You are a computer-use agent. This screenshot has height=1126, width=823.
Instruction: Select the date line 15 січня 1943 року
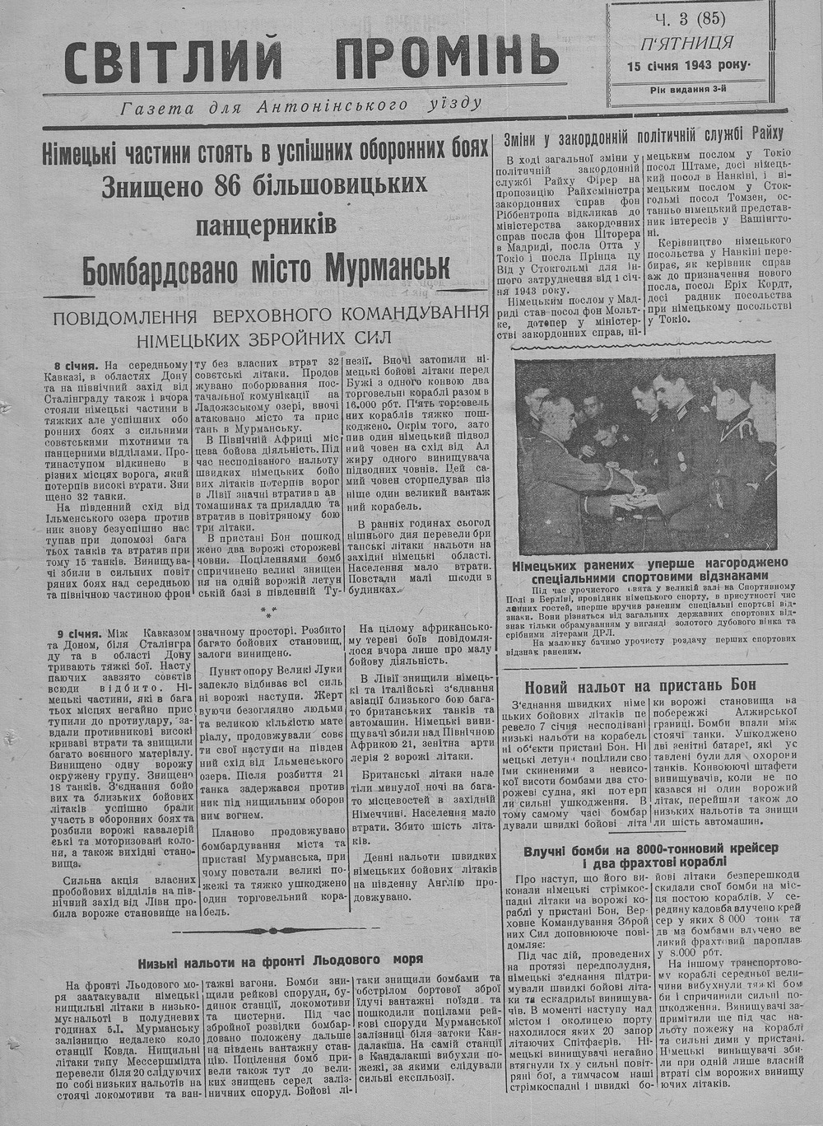click(688, 66)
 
